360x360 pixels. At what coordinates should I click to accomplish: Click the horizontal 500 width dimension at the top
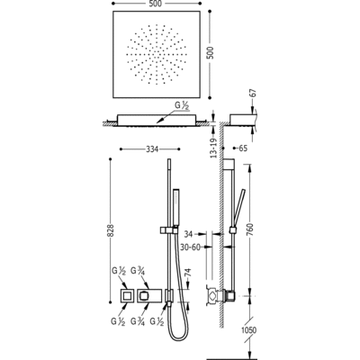pyautogui.click(x=157, y=4)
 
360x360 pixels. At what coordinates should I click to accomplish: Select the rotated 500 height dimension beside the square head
pyautogui.click(x=211, y=53)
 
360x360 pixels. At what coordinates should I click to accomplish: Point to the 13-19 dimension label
pyautogui.click(x=214, y=147)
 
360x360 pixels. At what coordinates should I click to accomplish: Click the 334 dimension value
pyautogui.click(x=152, y=149)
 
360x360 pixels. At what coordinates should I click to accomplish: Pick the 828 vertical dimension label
pyautogui.click(x=111, y=230)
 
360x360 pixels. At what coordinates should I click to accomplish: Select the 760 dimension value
pyautogui.click(x=251, y=229)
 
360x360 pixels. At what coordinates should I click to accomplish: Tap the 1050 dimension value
pyautogui.click(x=248, y=330)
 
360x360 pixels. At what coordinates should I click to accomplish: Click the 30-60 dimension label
pyautogui.click(x=190, y=247)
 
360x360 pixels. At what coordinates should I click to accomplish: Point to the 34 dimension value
pyautogui.click(x=188, y=233)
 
